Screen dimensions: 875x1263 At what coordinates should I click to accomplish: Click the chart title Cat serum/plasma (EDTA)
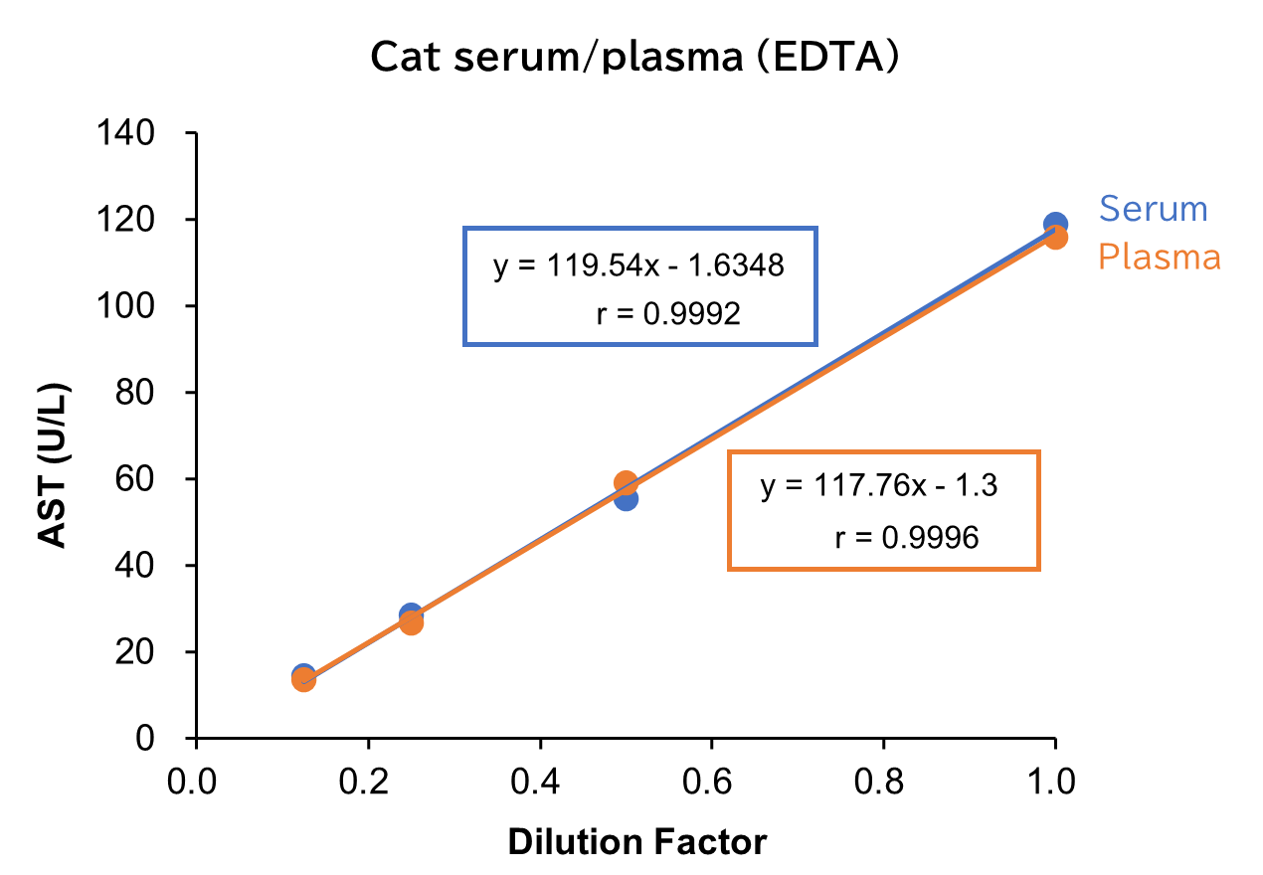634,58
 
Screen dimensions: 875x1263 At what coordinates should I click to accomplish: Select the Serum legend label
1153,209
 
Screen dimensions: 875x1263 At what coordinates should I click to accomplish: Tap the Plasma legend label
1159,257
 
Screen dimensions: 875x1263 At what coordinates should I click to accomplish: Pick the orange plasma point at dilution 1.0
1055,238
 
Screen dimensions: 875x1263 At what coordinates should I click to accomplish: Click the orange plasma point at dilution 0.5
626,482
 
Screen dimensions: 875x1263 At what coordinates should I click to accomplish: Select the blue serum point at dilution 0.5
626,498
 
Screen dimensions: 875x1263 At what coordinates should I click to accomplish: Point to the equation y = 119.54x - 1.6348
638,266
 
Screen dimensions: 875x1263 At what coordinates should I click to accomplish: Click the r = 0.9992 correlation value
667,315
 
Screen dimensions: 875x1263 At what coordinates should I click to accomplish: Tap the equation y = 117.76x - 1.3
878,486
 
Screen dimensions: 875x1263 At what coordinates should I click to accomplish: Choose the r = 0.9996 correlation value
906,538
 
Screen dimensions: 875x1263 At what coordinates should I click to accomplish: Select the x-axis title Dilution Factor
637,842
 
